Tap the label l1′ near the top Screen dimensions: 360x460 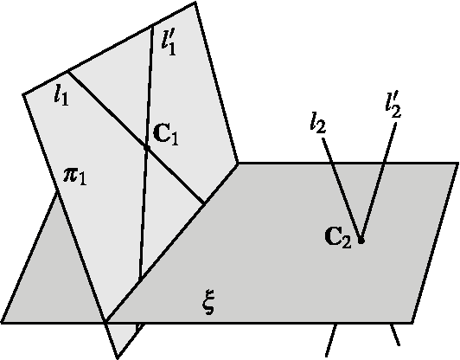click(x=169, y=40)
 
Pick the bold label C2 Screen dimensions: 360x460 click(x=338, y=236)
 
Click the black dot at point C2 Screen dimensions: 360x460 click(x=361, y=240)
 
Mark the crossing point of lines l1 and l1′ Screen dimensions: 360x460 click(x=147, y=147)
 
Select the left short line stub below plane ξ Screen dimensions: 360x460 click(x=331, y=340)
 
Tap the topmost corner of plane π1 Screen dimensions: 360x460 click(x=196, y=2)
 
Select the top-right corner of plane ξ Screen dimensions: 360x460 click(x=458, y=163)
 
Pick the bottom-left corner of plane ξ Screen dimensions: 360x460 click(x=3, y=322)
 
